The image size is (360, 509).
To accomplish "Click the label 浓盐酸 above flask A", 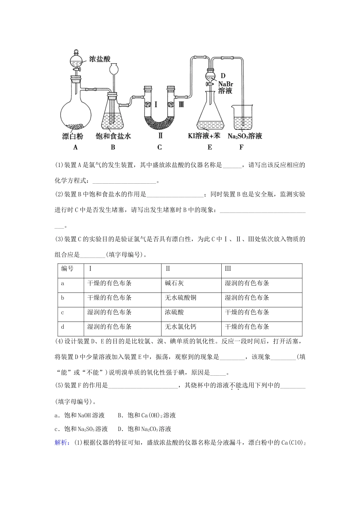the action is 99,59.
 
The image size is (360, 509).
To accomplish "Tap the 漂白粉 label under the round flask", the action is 73,136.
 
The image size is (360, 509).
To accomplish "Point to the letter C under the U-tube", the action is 160,147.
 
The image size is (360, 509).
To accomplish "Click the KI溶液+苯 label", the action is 207,136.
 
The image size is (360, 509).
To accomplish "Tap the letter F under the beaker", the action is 241,147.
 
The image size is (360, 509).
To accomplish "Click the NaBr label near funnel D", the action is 225,83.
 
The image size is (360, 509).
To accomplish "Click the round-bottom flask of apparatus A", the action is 76,113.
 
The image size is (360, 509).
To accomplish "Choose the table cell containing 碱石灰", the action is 175,283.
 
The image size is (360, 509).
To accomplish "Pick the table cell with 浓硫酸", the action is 175,312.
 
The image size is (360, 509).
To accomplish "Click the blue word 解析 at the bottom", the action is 62,443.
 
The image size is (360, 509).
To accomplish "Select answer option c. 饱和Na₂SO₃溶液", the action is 81,429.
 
